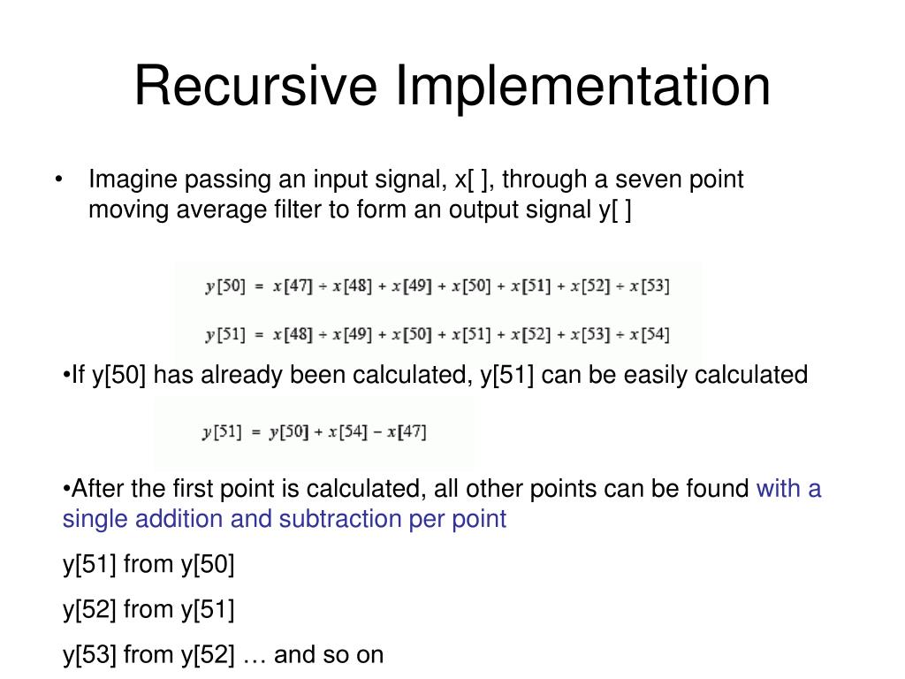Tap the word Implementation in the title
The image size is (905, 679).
click(582, 88)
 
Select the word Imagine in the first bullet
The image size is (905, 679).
click(133, 180)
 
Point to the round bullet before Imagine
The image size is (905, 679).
click(58, 180)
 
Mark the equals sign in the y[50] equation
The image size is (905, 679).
click(256, 286)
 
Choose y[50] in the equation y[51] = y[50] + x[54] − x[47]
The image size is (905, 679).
click(288, 432)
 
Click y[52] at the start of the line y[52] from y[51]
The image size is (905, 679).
click(89, 609)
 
